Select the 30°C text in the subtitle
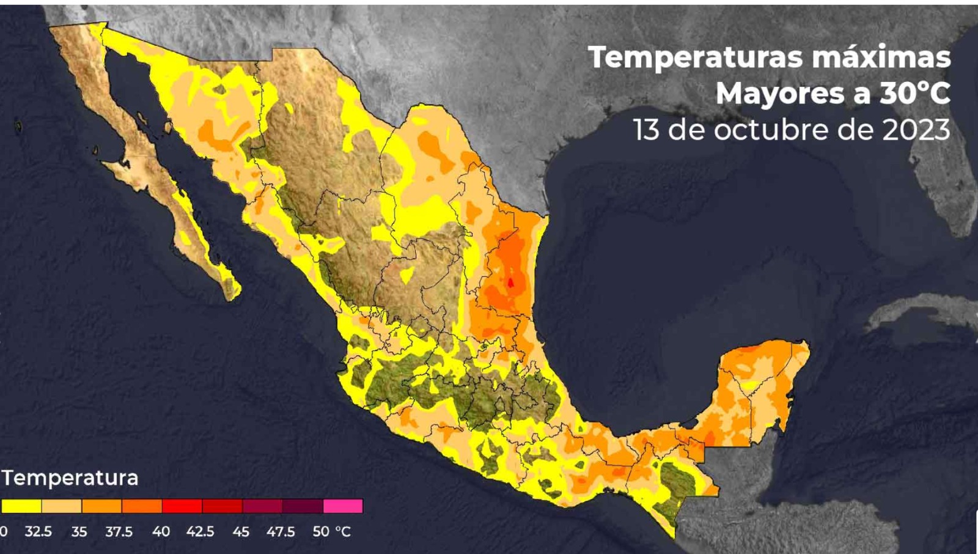(x=915, y=94)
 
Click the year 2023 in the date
(x=916, y=130)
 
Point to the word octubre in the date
(x=763, y=130)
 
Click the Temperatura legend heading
(x=70, y=478)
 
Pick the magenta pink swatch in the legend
(x=343, y=506)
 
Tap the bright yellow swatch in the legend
(x=21, y=506)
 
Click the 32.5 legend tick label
(x=38, y=532)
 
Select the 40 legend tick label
(x=161, y=532)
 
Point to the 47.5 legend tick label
(x=281, y=532)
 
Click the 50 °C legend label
(x=331, y=532)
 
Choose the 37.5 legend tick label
(x=119, y=532)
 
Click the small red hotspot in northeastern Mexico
(x=510, y=282)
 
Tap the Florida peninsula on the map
(x=954, y=183)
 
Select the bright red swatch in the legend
(x=182, y=506)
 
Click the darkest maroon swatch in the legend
(x=302, y=506)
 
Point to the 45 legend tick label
(x=241, y=532)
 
